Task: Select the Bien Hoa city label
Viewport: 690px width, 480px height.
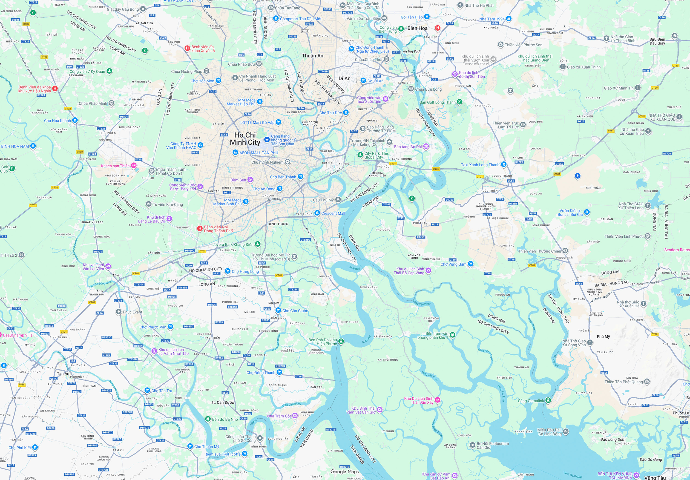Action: point(417,28)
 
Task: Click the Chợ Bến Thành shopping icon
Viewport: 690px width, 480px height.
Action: point(300,177)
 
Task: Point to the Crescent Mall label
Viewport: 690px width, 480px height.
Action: point(333,213)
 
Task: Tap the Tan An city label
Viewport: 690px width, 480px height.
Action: point(63,374)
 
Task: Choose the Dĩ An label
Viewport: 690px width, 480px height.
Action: point(344,78)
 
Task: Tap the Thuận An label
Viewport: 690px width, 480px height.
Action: point(313,56)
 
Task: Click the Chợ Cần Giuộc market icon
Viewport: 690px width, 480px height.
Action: point(278,310)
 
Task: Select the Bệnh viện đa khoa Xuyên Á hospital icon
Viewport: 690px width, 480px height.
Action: point(187,48)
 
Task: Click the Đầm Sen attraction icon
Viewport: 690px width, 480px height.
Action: point(250,180)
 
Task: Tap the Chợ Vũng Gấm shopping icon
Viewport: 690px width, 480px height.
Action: point(471,264)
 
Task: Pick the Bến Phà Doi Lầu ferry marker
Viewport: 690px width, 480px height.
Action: point(341,341)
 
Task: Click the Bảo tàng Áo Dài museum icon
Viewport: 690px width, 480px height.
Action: point(426,146)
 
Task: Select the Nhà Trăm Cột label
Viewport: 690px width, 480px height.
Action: point(279,416)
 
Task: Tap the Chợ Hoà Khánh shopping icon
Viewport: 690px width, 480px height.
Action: point(75,120)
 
